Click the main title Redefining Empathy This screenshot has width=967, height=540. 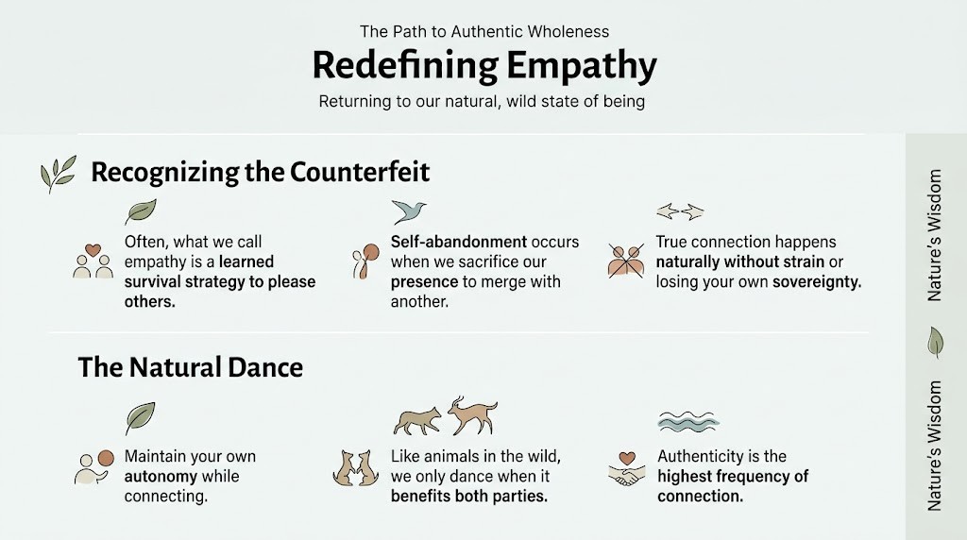click(483, 66)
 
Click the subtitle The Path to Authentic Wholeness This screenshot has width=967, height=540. click(483, 31)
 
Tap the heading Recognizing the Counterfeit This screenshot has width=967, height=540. click(260, 172)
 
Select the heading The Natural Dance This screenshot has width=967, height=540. click(190, 366)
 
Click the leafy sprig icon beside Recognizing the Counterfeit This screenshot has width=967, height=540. click(59, 175)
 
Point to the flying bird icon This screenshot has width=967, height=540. click(409, 211)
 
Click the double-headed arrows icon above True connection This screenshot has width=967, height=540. click(680, 211)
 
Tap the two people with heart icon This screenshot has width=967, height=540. click(93, 262)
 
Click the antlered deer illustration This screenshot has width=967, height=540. click(472, 415)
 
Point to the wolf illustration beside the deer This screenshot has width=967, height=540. click(417, 421)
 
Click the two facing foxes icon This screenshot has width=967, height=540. click(356, 466)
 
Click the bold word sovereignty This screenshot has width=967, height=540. click(816, 281)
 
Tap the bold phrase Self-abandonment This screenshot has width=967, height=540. click(447, 242)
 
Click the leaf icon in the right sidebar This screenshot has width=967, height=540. click(935, 342)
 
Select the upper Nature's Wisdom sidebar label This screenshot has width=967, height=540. click(935, 235)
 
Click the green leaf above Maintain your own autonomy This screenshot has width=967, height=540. click(140, 417)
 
